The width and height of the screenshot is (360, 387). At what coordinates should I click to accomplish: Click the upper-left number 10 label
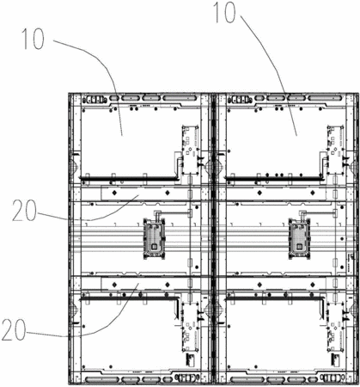[x=34, y=40]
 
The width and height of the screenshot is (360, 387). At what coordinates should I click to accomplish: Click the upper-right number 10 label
[x=225, y=12]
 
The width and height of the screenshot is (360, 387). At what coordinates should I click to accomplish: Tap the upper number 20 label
[x=24, y=211]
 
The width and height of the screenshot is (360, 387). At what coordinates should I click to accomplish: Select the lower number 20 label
[x=14, y=330]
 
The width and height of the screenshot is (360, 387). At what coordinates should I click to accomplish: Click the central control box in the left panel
[x=155, y=239]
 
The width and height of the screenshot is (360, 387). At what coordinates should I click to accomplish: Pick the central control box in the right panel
[x=299, y=239]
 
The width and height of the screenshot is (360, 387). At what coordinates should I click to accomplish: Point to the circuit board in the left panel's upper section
[x=190, y=150]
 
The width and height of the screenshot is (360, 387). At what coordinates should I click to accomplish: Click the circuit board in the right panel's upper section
[x=335, y=150]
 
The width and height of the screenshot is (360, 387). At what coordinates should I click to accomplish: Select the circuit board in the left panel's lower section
[x=190, y=327]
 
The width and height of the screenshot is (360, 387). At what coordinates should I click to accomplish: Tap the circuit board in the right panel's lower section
[x=335, y=327]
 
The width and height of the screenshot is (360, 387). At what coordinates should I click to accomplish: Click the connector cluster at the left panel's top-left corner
[x=95, y=100]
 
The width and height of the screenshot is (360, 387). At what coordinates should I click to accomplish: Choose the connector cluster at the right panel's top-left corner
[x=240, y=100]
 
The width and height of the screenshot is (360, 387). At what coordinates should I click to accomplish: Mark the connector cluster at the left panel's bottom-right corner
[x=186, y=377]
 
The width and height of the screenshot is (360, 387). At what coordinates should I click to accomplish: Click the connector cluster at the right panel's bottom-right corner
[x=332, y=377]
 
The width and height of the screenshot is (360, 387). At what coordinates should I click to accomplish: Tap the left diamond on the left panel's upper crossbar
[x=114, y=193]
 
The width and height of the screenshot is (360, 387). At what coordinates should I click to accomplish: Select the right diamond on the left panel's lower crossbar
[x=168, y=285]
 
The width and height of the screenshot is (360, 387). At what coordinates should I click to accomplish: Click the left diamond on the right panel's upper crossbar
[x=259, y=193]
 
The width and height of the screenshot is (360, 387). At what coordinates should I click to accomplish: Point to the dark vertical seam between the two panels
[x=213, y=239]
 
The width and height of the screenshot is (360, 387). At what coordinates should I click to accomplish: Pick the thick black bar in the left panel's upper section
[x=129, y=179]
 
